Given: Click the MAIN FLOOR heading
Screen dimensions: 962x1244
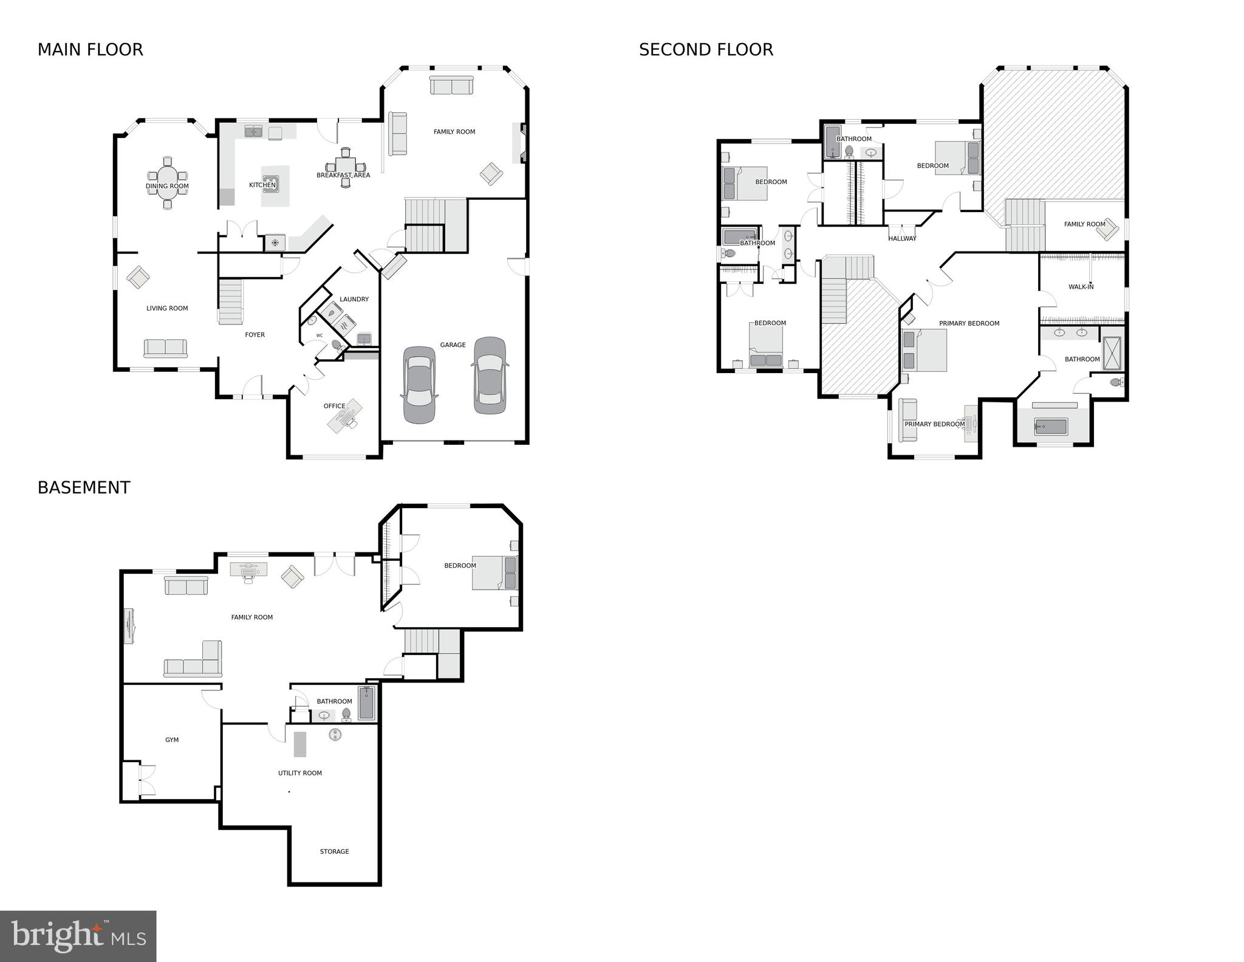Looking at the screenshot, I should (x=90, y=50).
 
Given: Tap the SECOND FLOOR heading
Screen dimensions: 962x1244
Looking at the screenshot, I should (x=706, y=50).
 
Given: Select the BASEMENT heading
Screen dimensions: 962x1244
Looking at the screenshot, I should (x=84, y=488).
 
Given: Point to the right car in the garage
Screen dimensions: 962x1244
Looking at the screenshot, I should (x=490, y=375).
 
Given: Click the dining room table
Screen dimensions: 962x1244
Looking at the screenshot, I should (x=168, y=186).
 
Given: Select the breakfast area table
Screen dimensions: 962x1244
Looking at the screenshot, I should (x=345, y=166).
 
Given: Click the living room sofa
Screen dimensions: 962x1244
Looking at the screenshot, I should (x=166, y=348).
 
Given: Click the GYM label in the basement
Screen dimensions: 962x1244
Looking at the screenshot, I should (x=172, y=740).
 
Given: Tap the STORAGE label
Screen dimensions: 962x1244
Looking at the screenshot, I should (x=334, y=851).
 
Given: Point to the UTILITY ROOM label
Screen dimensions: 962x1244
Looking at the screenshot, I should (x=300, y=773).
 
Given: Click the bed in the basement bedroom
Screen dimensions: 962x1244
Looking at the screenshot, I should (x=494, y=572).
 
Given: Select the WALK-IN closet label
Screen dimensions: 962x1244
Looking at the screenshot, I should (x=1081, y=287).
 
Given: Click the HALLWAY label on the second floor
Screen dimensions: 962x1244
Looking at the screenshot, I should (x=902, y=239).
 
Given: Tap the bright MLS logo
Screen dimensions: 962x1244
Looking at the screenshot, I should (x=78, y=936).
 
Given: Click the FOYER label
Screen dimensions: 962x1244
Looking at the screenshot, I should (x=255, y=335).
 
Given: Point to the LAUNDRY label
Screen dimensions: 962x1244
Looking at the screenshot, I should (x=354, y=299).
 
